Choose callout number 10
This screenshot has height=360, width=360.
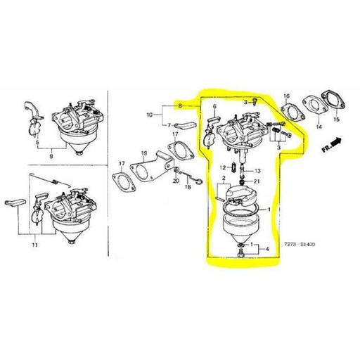(149, 113)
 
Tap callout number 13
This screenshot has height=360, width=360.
(257, 171)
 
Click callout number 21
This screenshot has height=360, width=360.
(257, 182)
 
